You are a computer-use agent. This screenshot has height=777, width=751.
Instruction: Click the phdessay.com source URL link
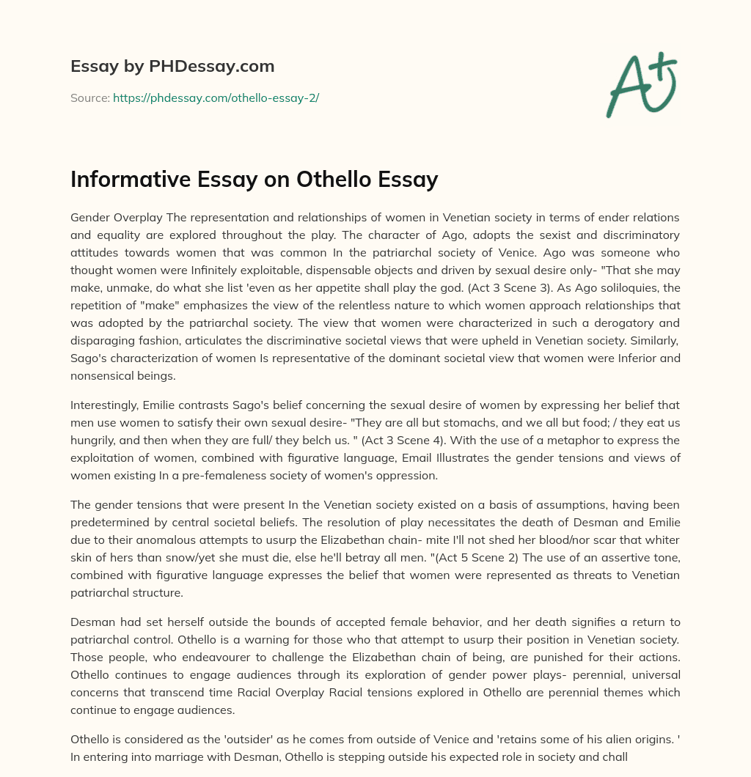216,97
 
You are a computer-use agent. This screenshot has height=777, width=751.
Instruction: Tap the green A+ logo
640,82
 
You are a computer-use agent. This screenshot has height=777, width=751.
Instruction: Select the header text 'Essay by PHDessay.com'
172,67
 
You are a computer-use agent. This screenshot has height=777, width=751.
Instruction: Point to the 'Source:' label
89,97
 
